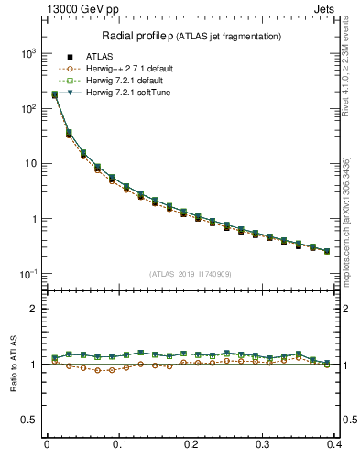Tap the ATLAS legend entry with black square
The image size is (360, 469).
pyautogui.click(x=99, y=57)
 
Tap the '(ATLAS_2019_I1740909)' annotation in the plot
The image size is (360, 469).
pyautogui.click(x=191, y=274)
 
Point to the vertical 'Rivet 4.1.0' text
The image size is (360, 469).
pyautogui.click(x=345, y=70)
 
